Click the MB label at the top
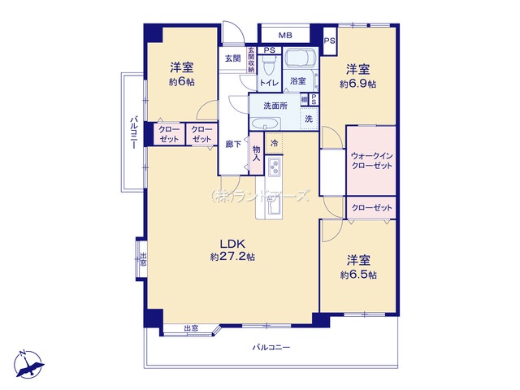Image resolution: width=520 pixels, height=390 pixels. pyautogui.click(x=285, y=36)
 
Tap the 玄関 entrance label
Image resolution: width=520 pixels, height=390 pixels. pyautogui.click(x=233, y=58)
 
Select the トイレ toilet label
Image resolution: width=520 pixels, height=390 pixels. pyautogui.click(x=270, y=82)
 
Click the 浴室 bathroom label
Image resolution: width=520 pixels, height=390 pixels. pyautogui.click(x=298, y=81)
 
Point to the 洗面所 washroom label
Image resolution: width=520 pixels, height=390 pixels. pyautogui.click(x=275, y=106)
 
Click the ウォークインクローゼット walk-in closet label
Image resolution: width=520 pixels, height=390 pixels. pyautogui.click(x=371, y=160)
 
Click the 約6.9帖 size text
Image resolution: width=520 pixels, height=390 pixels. pyautogui.click(x=357, y=84)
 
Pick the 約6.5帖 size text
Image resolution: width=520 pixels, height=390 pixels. pyautogui.click(x=358, y=275)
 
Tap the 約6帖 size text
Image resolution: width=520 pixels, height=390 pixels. pyautogui.click(x=181, y=84)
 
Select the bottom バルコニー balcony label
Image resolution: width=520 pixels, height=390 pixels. pyautogui.click(x=271, y=347)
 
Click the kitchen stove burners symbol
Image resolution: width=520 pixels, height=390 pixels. pyautogui.click(x=274, y=169)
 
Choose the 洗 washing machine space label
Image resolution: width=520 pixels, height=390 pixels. pyautogui.click(x=309, y=119)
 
